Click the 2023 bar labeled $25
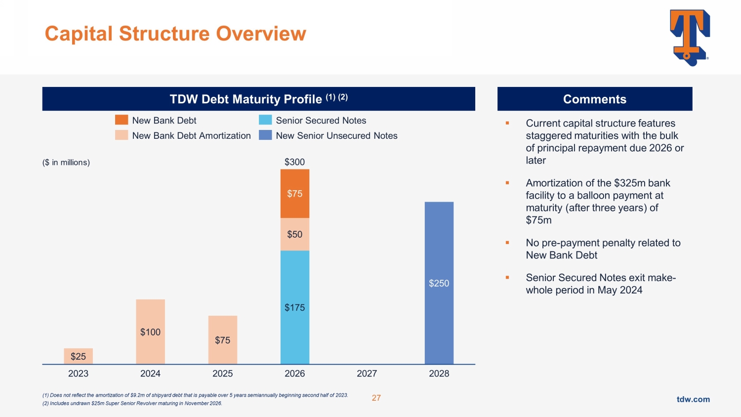[x=78, y=356]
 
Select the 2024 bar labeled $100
[x=150, y=332]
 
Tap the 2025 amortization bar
[x=222, y=340]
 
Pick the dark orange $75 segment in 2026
[x=295, y=194]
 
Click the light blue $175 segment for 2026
[x=295, y=307]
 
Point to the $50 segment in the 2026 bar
[x=295, y=234]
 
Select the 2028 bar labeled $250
[x=439, y=283]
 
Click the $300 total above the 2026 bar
[x=295, y=162]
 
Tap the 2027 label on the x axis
[x=367, y=374]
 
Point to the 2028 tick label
[x=439, y=374]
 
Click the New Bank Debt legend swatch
[x=122, y=120]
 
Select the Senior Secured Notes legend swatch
[x=265, y=120]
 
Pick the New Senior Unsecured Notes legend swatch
[x=265, y=135]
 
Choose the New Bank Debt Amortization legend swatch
[x=122, y=135]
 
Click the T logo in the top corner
[x=690, y=38]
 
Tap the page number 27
[x=376, y=398]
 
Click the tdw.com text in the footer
[x=693, y=399]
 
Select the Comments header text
[x=594, y=99]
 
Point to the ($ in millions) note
[x=66, y=163]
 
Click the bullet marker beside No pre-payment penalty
[x=507, y=243]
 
